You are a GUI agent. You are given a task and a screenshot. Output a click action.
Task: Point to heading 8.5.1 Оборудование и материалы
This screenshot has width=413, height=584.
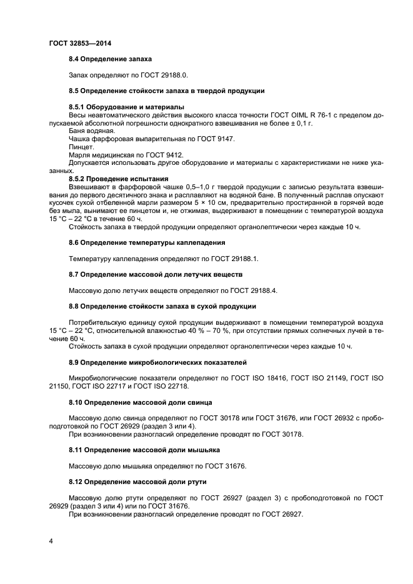click(x=126, y=107)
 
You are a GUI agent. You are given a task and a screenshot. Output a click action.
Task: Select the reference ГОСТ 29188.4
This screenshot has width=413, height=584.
click(x=255, y=290)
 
